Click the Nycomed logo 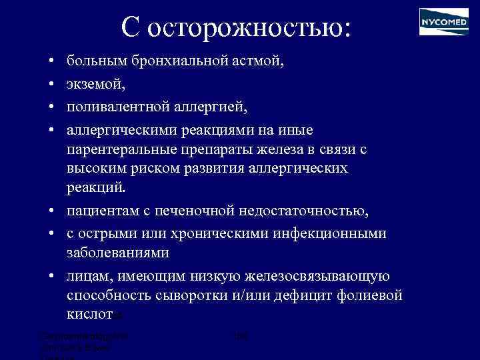pyautogui.click(x=442, y=23)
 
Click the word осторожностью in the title pyautogui.click(x=249, y=27)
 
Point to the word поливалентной pyautogui.click(x=115, y=106)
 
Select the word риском pyautogui.click(x=148, y=168)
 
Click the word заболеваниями pyautogui.click(x=117, y=253)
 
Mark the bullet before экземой pyautogui.click(x=51, y=85)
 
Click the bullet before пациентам pyautogui.click(x=51, y=212)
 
